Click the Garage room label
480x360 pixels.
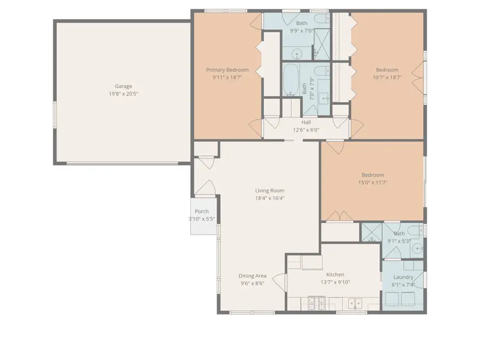(x=123, y=86)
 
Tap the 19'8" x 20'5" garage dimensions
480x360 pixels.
(x=123, y=93)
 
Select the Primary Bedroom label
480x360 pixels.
(x=227, y=70)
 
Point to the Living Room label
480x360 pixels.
(x=269, y=190)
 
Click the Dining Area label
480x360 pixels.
(x=252, y=276)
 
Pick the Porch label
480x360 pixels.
(x=202, y=212)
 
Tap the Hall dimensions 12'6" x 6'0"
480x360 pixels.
(x=306, y=130)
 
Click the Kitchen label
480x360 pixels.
(x=335, y=275)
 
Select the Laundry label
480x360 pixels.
(x=403, y=277)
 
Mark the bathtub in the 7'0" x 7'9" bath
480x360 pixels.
(x=291, y=80)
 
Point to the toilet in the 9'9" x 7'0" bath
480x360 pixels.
(x=322, y=20)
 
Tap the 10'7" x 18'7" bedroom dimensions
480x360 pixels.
(x=387, y=77)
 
